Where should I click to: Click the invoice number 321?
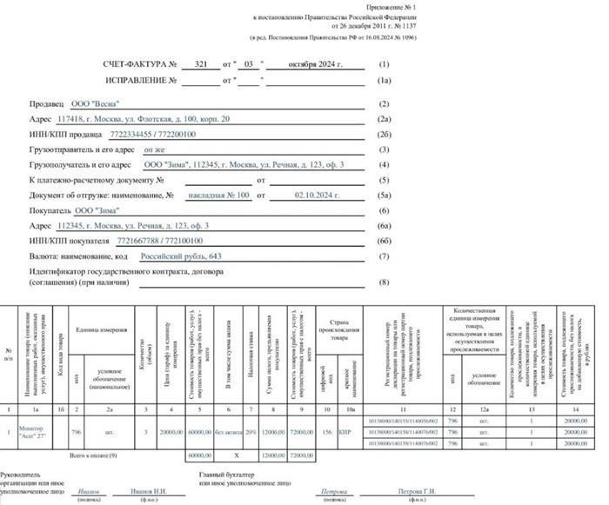click(x=201, y=65)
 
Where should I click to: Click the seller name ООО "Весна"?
click(x=96, y=103)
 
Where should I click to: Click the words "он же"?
click(x=155, y=150)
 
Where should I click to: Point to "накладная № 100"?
click(x=219, y=196)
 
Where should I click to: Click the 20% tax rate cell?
click(x=250, y=431)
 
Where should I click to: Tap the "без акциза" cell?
click(x=228, y=431)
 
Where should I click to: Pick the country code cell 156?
click(x=329, y=431)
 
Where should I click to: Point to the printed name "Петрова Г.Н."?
click(x=417, y=491)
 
